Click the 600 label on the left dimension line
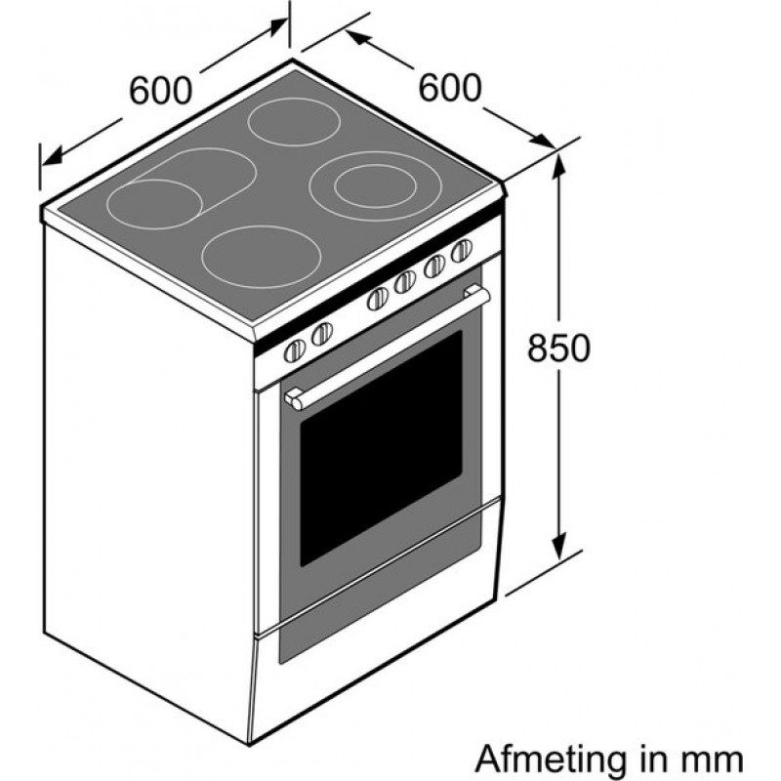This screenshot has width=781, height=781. (159, 91)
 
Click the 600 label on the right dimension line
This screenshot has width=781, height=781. (450, 88)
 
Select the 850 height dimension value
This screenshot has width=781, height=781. (559, 349)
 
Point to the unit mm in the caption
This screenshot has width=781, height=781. (714, 758)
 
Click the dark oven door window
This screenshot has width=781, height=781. (381, 444)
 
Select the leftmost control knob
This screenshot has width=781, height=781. (294, 352)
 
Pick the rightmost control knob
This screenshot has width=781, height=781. (461, 250)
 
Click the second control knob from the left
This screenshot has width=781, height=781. (321, 335)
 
